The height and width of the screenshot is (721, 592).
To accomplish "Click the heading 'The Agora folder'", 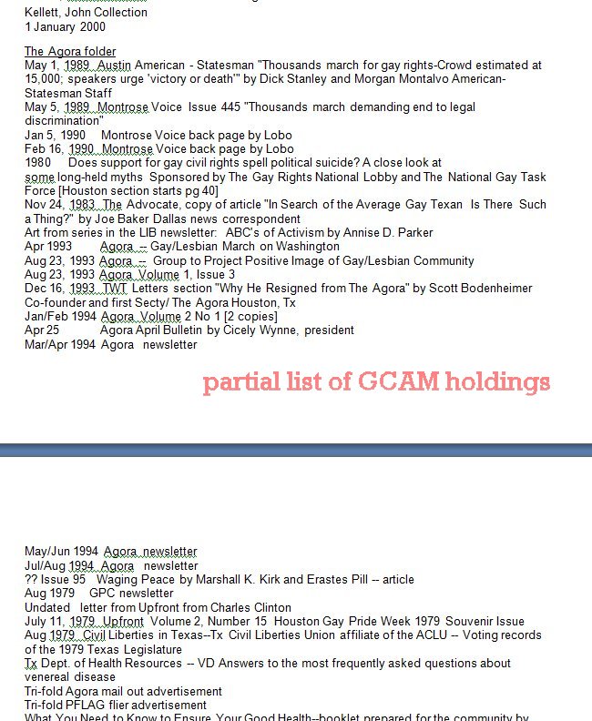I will point(70,51).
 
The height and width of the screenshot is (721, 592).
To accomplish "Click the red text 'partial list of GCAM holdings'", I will point(376,381).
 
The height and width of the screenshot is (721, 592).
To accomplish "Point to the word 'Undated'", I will point(47,607).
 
